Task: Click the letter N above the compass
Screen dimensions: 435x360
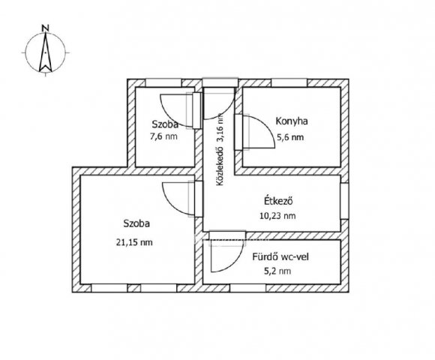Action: (45, 28)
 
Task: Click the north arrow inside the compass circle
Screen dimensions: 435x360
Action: (46, 52)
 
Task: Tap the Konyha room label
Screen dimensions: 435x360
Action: (292, 121)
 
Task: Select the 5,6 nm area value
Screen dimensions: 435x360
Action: (290, 137)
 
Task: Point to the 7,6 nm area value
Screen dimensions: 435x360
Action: (163, 136)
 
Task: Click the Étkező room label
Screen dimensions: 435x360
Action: (278, 200)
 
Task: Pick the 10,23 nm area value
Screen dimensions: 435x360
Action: (277, 215)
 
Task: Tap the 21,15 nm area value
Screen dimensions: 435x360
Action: (134, 242)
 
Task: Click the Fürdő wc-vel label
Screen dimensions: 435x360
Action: (280, 256)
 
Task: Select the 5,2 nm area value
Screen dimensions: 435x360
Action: (278, 271)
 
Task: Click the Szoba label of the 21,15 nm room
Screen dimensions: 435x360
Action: (136, 223)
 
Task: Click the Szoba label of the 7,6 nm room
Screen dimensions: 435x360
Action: (165, 124)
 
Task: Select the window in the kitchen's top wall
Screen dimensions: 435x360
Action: (289, 82)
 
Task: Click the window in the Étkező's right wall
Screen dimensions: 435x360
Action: (344, 201)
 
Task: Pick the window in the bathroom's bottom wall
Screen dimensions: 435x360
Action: (248, 288)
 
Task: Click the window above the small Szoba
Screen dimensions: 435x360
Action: (163, 82)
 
